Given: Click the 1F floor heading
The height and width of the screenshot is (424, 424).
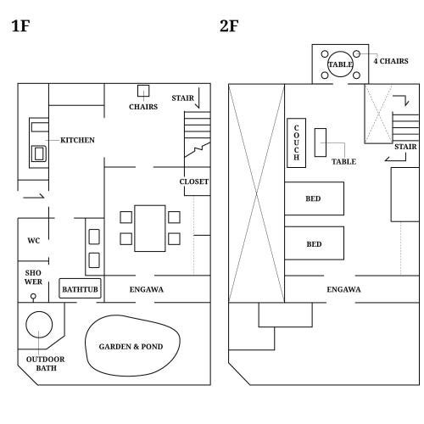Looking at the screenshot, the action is [20, 25].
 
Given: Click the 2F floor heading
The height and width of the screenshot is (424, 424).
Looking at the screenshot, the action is [229, 25].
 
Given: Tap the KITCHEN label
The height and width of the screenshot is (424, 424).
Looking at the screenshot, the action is [77, 140].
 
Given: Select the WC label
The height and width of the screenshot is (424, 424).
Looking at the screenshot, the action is [34, 241].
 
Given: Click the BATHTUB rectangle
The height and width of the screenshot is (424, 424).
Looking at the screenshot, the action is [80, 288].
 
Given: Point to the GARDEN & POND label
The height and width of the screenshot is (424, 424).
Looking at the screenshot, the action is [131, 347].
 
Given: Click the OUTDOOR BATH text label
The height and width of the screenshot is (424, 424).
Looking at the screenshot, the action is [46, 364].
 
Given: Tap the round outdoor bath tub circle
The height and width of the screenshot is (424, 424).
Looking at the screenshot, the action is [39, 311].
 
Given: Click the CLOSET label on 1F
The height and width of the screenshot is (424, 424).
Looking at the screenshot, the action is [194, 181].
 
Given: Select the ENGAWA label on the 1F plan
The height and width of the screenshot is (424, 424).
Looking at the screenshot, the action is [147, 289].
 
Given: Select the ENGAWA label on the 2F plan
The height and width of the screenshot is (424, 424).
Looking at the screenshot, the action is [343, 289].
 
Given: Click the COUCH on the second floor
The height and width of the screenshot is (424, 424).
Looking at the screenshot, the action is [296, 142].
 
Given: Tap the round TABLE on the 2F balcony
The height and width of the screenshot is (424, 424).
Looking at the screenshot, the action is [340, 51].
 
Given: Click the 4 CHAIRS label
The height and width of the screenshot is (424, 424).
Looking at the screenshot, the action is [391, 61].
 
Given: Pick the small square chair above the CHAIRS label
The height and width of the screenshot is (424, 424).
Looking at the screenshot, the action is [143, 91].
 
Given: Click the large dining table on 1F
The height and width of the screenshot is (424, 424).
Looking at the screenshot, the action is [150, 228].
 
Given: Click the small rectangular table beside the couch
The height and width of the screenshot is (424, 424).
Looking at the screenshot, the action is [321, 142].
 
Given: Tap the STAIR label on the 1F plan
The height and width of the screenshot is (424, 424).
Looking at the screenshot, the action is [183, 98].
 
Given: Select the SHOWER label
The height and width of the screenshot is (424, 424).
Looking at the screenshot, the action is [33, 277].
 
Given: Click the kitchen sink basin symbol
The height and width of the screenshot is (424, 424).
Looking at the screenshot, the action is [39, 153].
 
